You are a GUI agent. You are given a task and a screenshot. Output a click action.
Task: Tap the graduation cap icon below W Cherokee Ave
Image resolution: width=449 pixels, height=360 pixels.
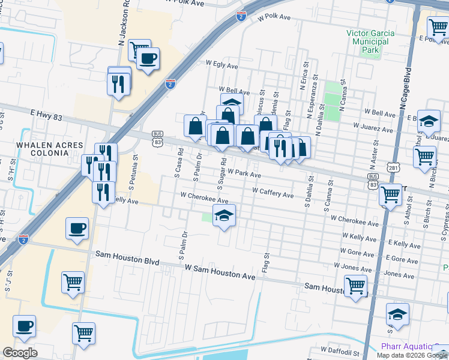(224, 215)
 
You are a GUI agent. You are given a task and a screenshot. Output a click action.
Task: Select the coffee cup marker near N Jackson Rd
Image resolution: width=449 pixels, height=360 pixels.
(148, 59)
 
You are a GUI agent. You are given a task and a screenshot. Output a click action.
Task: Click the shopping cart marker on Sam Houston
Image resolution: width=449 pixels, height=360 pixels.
(355, 286)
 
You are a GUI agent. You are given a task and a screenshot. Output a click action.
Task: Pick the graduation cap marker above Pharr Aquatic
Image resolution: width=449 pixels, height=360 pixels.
(397, 314)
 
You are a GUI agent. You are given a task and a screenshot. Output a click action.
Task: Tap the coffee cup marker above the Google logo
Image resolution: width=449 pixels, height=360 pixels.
(24, 326)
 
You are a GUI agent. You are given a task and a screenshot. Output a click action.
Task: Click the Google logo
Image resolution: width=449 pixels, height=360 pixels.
(20, 352)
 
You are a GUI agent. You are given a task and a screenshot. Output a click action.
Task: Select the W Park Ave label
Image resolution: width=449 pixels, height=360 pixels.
(244, 173)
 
